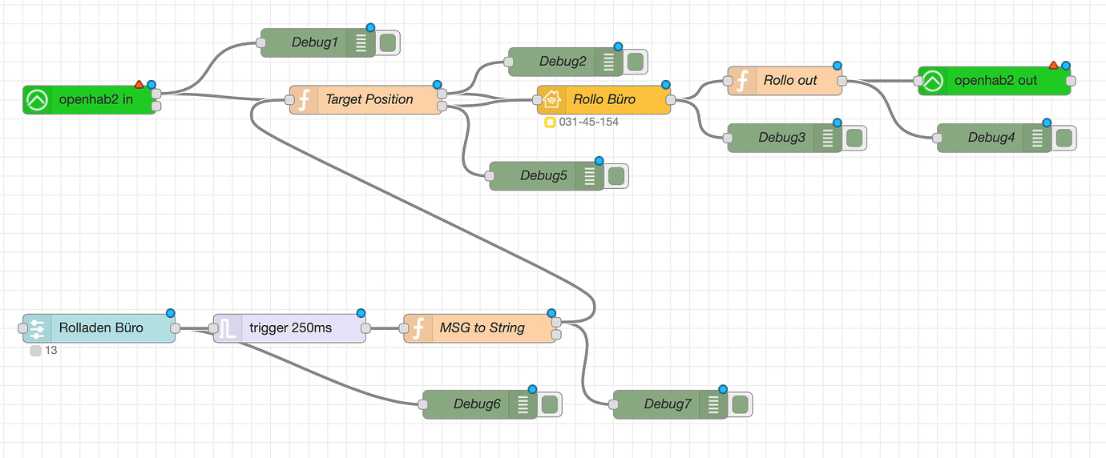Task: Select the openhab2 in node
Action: pos(95,100)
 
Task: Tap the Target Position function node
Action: pos(369,100)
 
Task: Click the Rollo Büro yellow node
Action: pos(603,100)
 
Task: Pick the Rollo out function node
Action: pos(789,81)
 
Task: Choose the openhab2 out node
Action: pos(995,81)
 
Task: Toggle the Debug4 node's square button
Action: pos(1064,138)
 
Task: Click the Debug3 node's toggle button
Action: pos(854,138)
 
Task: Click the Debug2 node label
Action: pos(563,62)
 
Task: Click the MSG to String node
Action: pos(482,328)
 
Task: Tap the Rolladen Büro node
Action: pos(100,328)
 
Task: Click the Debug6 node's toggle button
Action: pos(549,404)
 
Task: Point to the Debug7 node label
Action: pos(667,404)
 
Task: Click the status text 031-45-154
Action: pos(588,123)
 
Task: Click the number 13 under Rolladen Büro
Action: pos(51,351)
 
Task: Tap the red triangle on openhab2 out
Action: pos(1053,65)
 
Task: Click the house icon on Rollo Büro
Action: pos(551,100)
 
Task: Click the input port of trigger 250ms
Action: pos(214,328)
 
